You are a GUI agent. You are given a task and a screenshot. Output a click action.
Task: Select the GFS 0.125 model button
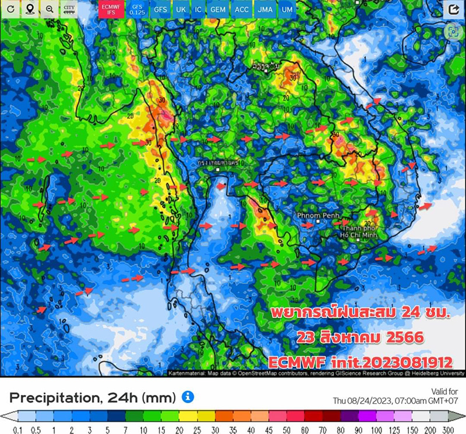pos(137,9)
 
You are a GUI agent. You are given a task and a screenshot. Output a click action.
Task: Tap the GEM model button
pos(218,10)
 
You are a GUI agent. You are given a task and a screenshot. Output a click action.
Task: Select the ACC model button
pos(241,10)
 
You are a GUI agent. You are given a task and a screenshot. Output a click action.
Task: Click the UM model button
pos(286,10)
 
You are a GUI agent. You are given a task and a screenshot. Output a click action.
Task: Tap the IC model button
pos(199,10)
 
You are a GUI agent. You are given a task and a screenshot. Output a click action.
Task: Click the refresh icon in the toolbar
pos(10,9)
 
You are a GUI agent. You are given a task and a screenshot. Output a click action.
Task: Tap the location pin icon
pos(30,9)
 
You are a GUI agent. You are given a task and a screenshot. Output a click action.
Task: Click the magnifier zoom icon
pos(50,9)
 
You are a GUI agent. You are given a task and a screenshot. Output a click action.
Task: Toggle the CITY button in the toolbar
pos(69,9)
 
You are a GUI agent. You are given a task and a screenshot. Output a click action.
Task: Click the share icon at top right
pos(452,10)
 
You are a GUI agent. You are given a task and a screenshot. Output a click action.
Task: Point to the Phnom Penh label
pos(313,216)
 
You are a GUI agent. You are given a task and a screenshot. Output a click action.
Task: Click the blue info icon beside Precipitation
pos(187,397)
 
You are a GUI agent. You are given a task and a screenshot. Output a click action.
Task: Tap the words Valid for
pos(445,391)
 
